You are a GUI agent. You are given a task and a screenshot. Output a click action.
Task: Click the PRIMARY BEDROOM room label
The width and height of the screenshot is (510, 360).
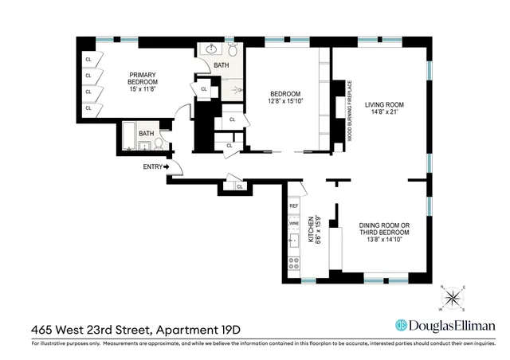point(144,77)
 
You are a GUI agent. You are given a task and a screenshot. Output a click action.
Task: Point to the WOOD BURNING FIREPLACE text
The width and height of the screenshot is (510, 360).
point(348,111)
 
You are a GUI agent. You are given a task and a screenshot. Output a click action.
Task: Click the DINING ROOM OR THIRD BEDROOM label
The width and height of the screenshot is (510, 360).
point(384,229)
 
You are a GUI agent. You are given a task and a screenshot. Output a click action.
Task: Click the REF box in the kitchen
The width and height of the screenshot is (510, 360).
point(293,206)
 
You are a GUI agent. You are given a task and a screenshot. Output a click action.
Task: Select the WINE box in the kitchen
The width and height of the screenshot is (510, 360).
point(293,224)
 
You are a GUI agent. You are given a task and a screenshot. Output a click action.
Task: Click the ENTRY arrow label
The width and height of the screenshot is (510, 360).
point(156,166)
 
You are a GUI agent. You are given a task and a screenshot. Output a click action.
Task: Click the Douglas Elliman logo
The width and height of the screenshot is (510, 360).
point(445,325)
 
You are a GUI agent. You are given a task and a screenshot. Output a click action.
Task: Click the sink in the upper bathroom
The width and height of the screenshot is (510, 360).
point(210,49)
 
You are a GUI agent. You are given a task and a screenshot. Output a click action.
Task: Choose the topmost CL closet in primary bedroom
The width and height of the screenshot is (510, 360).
point(88,60)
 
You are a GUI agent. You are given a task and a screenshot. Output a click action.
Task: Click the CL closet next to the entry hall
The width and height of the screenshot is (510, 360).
point(240,186)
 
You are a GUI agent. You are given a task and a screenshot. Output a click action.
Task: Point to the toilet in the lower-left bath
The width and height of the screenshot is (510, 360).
point(159,144)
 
